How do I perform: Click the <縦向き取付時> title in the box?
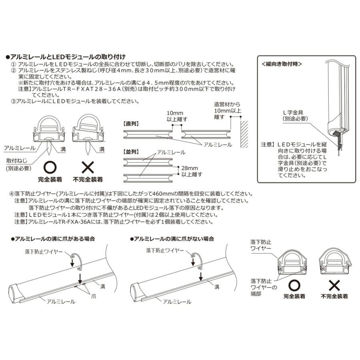click(281, 64)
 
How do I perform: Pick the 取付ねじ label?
click(15, 160)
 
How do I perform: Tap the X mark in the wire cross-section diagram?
click(334, 286)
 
